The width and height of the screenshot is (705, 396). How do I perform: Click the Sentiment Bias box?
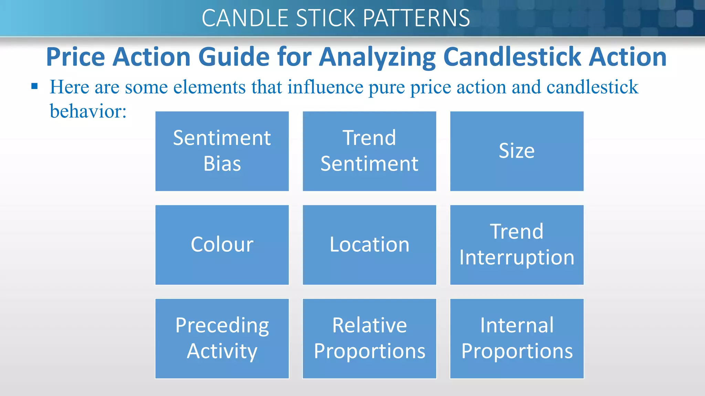click(222, 151)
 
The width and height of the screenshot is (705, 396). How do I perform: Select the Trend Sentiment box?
click(369, 151)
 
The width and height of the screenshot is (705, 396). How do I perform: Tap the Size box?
click(517, 151)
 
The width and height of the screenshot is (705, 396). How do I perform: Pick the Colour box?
click(222, 245)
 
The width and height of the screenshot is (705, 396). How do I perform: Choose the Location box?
click(369, 245)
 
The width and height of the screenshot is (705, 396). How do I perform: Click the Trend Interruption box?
click(517, 245)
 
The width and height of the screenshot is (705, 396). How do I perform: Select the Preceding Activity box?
click(222, 339)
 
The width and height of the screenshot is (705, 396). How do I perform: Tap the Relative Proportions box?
click(369, 339)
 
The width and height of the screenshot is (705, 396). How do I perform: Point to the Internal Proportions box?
click(517, 339)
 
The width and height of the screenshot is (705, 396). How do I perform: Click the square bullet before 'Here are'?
click(34, 86)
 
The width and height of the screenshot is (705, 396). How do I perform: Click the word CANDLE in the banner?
click(245, 18)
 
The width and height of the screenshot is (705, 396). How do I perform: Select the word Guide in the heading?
click(234, 57)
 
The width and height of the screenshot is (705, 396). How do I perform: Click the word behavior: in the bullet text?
click(88, 111)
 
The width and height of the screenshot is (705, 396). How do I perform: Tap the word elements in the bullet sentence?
click(209, 87)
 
